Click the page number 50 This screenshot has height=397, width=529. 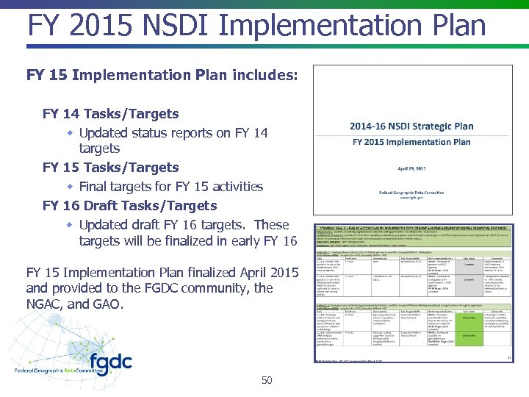[267, 380]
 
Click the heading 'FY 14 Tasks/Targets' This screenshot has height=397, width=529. [111, 114]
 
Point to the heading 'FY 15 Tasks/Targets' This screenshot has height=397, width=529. [111, 168]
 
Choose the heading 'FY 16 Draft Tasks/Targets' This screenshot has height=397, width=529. [130, 206]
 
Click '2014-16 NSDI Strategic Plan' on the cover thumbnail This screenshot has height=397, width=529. [411, 126]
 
